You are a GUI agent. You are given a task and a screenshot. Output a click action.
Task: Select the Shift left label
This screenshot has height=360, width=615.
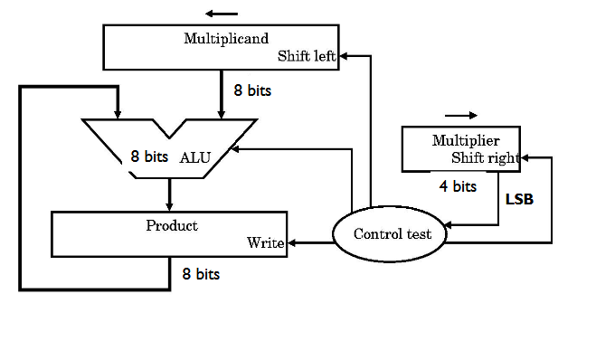[307, 56]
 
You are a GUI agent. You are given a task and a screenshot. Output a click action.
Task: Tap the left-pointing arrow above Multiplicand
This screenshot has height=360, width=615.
[222, 14]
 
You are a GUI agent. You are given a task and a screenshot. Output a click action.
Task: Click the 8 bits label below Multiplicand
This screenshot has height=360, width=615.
[252, 90]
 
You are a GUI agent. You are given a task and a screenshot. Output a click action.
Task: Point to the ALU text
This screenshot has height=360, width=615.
[195, 156]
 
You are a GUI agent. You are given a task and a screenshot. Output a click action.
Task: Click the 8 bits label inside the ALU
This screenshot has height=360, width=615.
[149, 156]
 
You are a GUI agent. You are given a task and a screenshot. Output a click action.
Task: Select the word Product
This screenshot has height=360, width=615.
[172, 225]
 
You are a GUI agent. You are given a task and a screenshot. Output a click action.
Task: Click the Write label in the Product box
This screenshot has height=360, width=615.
[266, 243]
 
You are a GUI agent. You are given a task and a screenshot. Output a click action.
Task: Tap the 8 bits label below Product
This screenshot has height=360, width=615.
[200, 273]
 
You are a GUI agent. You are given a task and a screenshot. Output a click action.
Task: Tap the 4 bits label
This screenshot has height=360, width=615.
[458, 187]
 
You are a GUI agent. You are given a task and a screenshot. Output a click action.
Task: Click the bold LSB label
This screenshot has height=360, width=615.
[518, 199]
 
